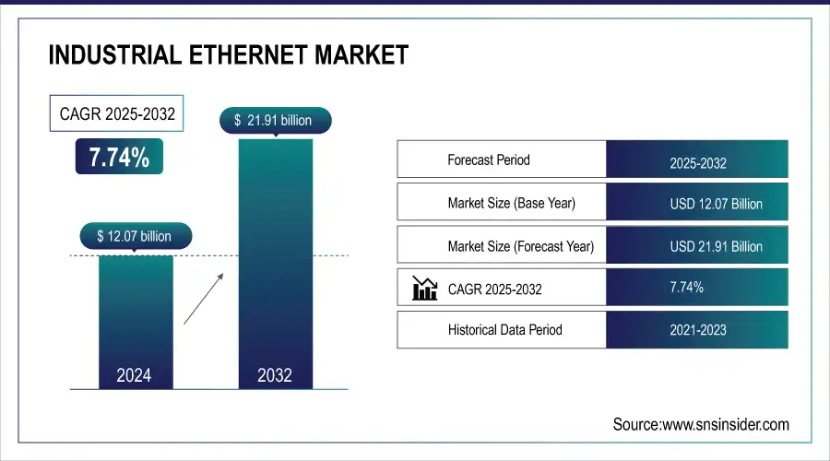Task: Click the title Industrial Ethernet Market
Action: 228,54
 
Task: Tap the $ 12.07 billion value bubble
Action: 134,236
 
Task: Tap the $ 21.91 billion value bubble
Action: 273,120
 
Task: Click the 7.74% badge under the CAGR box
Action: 119,158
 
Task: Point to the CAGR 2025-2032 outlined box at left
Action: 116,114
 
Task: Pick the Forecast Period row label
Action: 489,160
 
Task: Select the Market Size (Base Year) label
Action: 511,203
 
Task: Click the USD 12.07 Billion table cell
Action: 697,203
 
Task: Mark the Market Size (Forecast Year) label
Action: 520,246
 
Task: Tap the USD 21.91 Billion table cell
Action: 697,246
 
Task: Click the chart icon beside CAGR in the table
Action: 424,289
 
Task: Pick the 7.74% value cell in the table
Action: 697,288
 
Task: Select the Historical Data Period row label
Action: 504,329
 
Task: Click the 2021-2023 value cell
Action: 697,329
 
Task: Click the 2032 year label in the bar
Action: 275,375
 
